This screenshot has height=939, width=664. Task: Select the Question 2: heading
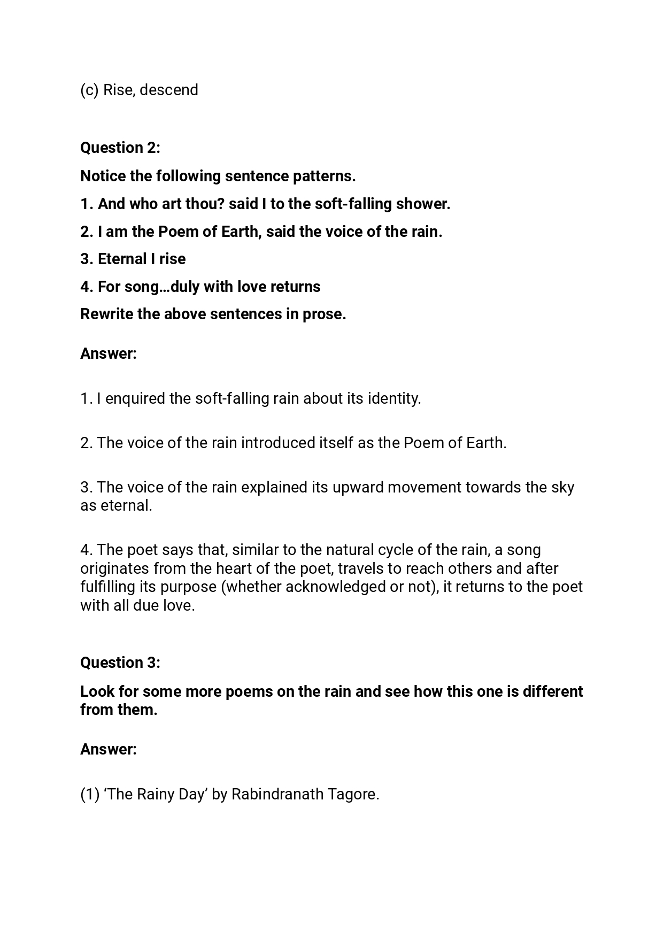(120, 148)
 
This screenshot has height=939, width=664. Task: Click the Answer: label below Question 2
(109, 353)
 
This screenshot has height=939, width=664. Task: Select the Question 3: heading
(120, 663)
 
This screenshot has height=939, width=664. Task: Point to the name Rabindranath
(277, 795)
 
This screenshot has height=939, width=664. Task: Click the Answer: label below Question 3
(109, 749)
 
